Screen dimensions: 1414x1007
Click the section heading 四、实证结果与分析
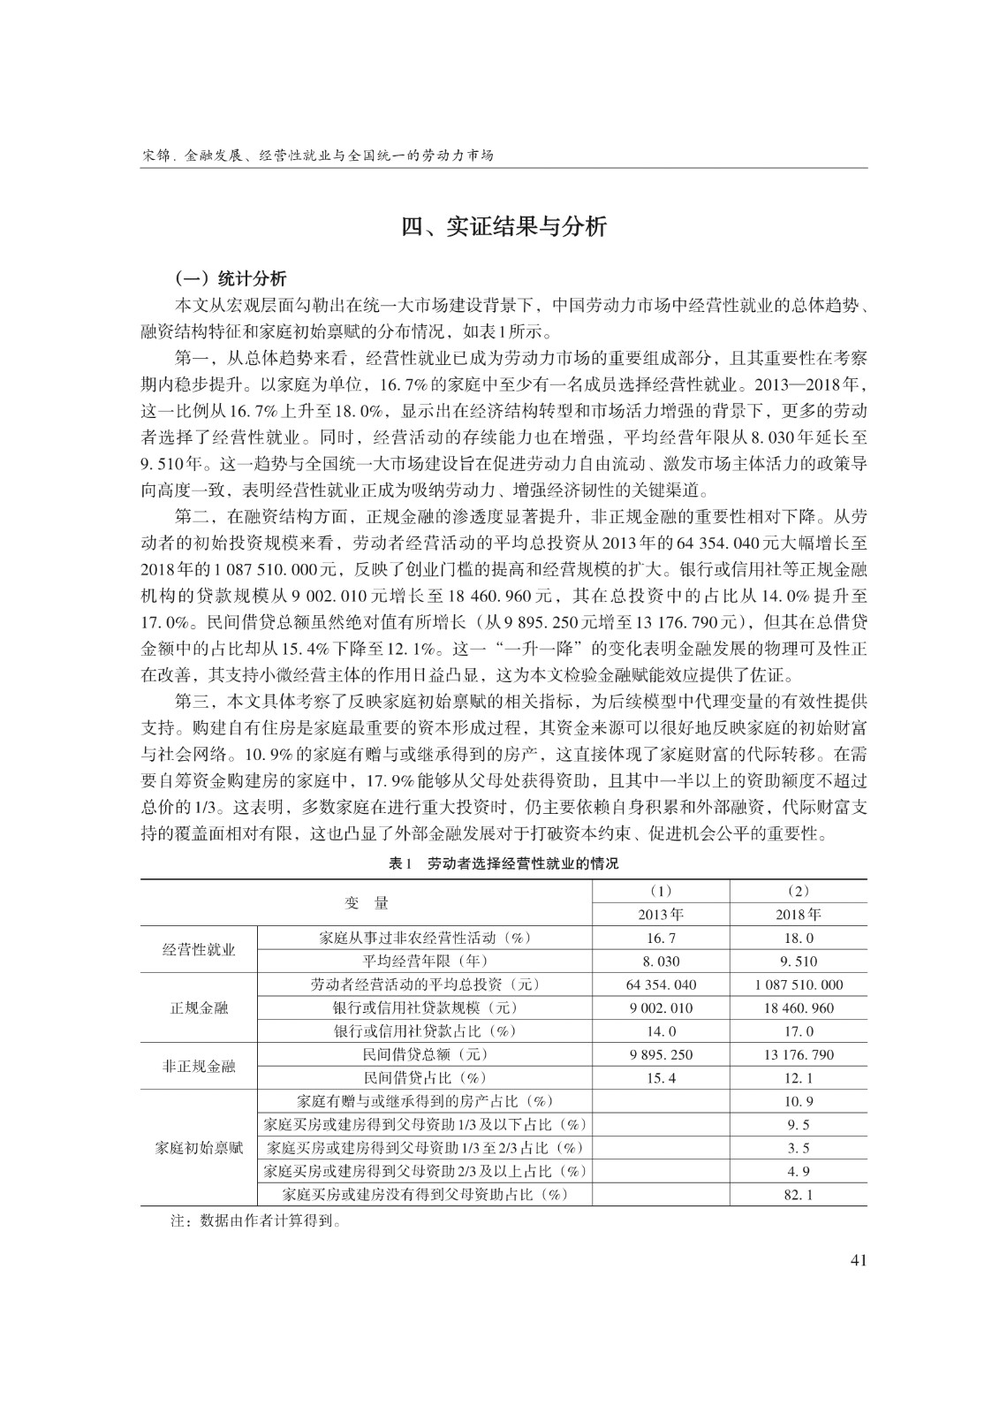click(x=503, y=227)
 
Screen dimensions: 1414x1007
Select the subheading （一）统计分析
click(x=231, y=279)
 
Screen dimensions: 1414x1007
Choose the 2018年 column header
click(x=799, y=915)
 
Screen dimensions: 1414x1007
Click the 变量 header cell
click(x=366, y=902)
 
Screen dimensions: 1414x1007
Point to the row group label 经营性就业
click(x=199, y=949)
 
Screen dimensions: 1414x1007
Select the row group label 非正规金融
click(x=199, y=1066)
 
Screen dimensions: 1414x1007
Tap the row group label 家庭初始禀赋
click(x=199, y=1148)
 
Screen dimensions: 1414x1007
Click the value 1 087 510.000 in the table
click(x=799, y=984)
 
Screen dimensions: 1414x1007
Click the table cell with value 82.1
click(x=799, y=1195)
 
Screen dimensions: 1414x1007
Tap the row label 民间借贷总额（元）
click(x=424, y=1054)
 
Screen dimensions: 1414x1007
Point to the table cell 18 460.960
click(x=799, y=1008)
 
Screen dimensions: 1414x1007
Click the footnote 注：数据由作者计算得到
click(x=256, y=1223)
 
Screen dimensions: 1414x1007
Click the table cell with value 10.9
click(x=799, y=1101)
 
